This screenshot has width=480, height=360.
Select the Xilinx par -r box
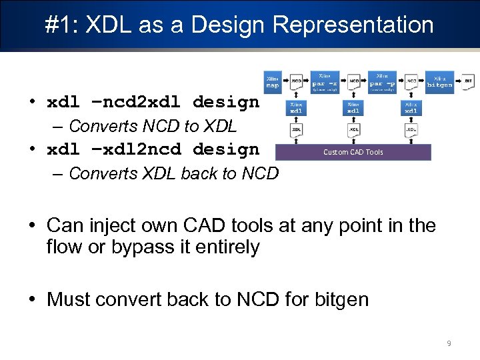325,82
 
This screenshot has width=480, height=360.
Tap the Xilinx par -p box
383,82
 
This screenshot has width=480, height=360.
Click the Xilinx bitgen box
440,81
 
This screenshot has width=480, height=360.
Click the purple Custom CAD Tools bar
353,152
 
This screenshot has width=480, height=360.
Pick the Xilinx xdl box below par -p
411,108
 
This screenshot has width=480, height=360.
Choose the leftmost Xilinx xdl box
296,108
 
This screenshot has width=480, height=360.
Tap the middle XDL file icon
354,129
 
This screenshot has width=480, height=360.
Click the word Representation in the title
353,25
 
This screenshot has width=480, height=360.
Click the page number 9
449,343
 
